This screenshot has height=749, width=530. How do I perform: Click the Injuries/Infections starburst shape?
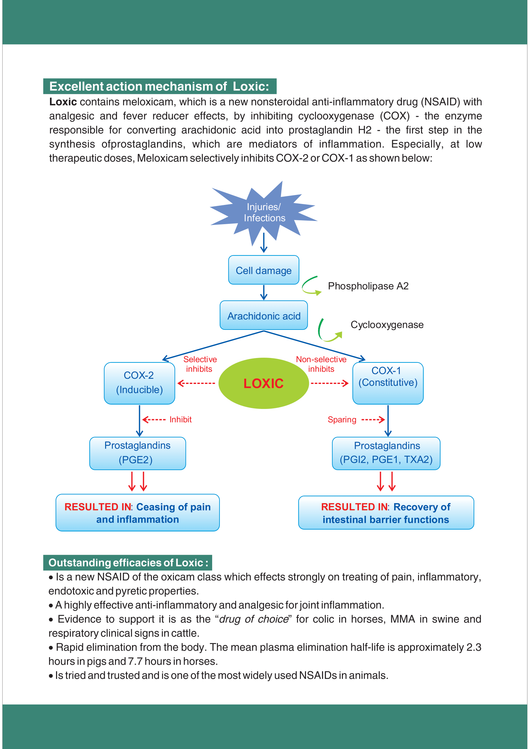pos(264,212)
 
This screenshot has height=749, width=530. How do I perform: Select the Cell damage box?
pos(264,270)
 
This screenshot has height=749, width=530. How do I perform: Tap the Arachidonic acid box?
pos(264,315)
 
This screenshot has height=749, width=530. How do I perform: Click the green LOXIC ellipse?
pos(263,383)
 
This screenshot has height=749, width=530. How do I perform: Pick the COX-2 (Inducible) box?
pos(139,383)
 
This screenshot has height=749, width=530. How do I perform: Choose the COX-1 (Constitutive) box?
pos(388,383)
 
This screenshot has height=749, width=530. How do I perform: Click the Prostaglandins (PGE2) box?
pos(137,453)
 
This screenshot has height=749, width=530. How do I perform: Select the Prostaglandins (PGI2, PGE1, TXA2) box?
pos(386,453)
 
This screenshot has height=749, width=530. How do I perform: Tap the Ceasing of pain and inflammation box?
pos(137,513)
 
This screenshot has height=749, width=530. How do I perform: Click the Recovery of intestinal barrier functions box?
pos(386,513)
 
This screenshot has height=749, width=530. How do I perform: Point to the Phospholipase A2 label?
pos(368,286)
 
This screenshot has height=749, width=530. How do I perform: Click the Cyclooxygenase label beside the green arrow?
pos(387,325)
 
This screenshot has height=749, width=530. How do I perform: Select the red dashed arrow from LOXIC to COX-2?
pos(196,383)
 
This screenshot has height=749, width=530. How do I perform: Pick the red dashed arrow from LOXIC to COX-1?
pos(330,383)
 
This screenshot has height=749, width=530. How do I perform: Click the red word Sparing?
pos(342,419)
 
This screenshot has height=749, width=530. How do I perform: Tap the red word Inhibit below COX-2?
pos(180,419)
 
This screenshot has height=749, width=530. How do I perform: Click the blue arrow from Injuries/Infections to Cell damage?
pos(264,242)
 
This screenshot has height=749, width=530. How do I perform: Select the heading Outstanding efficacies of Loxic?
pos(128,563)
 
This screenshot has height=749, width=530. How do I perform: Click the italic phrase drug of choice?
pos(253,619)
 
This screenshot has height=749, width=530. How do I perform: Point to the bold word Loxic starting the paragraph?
pos(63,102)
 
